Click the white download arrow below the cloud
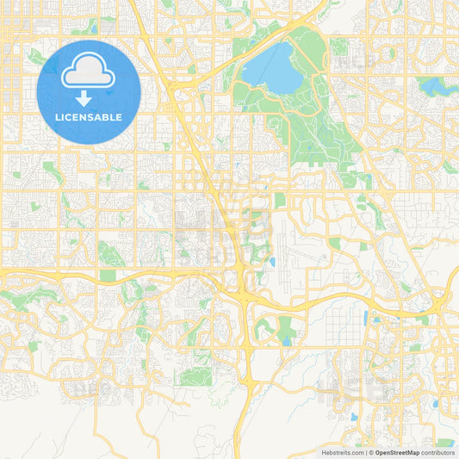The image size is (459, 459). coord(89,98)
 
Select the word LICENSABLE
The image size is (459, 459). coord(89,117)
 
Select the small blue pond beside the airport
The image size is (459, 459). coord(272,261)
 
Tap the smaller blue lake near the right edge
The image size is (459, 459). coord(431,85)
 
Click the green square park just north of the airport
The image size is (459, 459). coord(280,200)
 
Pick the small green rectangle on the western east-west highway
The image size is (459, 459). coord(107,276)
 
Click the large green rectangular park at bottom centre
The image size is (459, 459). coord(196,375)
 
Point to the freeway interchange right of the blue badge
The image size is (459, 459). coord(177,86)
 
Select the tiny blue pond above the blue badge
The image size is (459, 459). coord(93,28)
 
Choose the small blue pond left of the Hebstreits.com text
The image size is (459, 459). coord(353,417)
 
